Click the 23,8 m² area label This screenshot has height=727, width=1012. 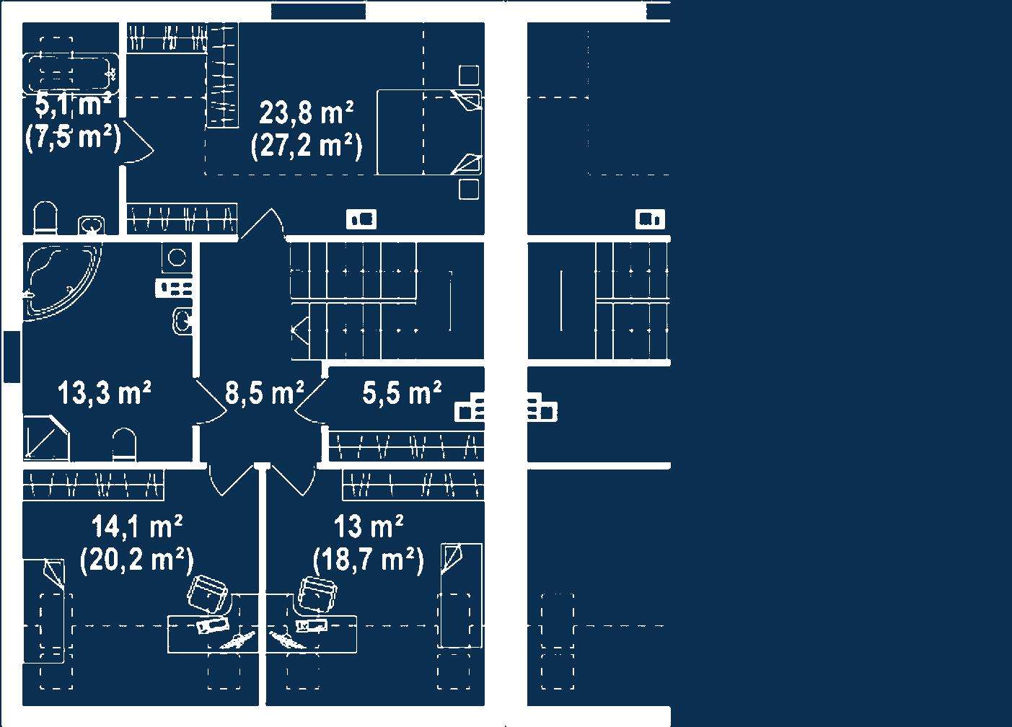[306, 114]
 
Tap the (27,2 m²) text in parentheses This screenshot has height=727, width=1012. [306, 146]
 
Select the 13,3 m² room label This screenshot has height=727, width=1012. [104, 394]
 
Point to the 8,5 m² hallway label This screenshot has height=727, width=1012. [264, 394]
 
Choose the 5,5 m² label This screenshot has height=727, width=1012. [402, 394]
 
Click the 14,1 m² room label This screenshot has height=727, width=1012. [136, 527]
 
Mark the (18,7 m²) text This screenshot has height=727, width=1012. [368, 559]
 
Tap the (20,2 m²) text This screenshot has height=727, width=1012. [136, 559]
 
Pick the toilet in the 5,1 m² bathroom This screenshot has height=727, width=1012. [45, 219]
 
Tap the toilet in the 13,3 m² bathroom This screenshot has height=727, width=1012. [123, 445]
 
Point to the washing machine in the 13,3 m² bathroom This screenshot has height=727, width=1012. [176, 257]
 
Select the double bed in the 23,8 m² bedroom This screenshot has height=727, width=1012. [428, 132]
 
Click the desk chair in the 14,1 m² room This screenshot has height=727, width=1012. [207, 593]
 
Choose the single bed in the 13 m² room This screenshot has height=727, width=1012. [460, 595]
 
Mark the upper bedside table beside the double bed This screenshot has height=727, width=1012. [469, 75]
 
